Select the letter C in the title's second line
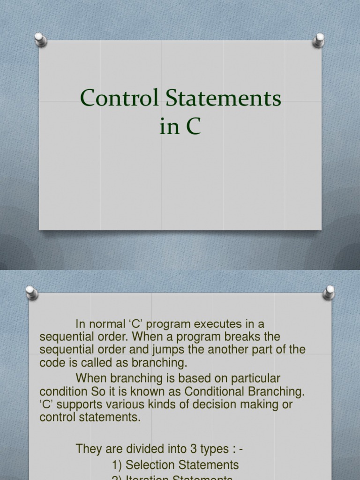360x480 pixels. point(192,127)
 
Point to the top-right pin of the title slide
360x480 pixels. point(319,40)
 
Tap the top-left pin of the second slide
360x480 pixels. point(31,292)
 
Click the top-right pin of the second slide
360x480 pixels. point(329,292)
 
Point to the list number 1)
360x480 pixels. point(117,465)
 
